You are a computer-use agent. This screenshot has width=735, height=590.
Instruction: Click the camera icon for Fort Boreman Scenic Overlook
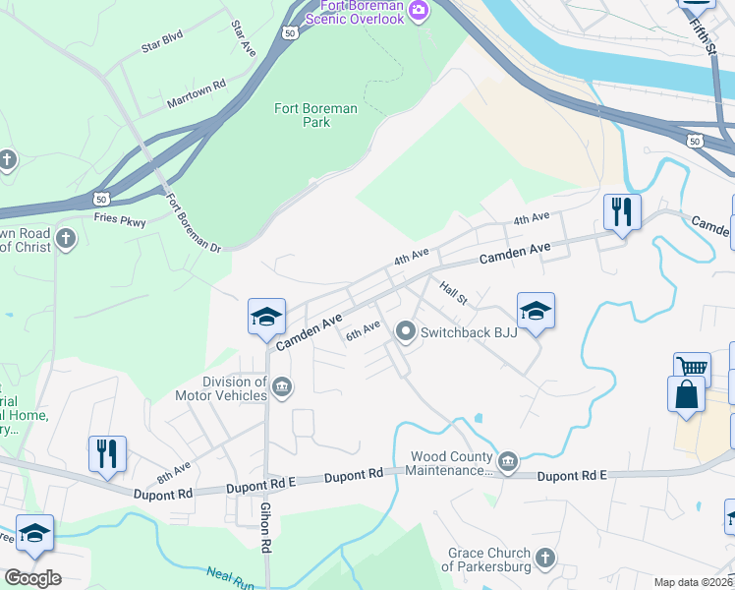420,11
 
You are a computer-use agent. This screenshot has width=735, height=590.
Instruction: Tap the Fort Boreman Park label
315,116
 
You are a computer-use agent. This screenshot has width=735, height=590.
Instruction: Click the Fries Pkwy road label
123,222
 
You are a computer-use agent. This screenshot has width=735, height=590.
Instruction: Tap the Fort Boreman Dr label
193,222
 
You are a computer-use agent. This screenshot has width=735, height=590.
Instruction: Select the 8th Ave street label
174,473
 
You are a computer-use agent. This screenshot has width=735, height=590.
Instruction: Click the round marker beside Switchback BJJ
405,332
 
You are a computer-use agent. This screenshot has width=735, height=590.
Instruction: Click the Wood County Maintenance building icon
507,461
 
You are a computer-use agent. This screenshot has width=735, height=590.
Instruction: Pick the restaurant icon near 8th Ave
107,452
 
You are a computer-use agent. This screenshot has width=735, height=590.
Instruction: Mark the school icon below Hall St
536,311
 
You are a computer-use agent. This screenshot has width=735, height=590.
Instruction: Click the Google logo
32,577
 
